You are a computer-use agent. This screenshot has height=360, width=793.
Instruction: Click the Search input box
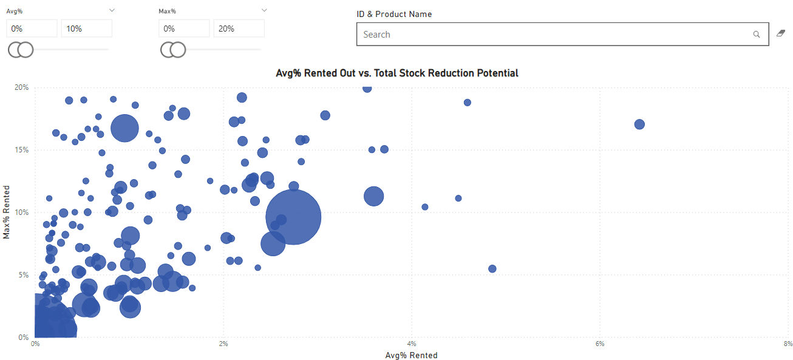click(x=562, y=35)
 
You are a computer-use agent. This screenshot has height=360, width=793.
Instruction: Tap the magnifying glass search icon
click(x=756, y=35)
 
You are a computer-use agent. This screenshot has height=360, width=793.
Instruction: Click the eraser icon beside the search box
click(x=781, y=33)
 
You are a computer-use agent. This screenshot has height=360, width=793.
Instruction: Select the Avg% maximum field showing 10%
click(x=87, y=29)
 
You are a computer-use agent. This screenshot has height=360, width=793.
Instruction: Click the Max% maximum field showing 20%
click(x=239, y=29)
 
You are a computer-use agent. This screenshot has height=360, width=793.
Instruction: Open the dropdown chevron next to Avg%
click(x=112, y=10)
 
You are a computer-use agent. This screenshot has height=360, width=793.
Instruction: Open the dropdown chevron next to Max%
click(x=264, y=10)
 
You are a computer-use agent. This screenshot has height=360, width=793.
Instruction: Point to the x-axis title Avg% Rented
click(x=411, y=355)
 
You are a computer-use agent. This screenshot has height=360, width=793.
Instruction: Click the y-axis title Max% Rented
click(x=6, y=212)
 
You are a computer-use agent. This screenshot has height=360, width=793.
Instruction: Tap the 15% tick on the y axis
click(x=22, y=150)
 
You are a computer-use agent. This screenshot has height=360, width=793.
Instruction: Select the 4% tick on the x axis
click(x=411, y=344)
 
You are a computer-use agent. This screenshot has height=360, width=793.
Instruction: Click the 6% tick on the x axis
click(x=600, y=344)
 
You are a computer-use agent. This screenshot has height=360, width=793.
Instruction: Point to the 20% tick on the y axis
click(x=22, y=87)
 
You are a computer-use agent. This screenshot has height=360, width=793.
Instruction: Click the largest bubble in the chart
click(x=293, y=217)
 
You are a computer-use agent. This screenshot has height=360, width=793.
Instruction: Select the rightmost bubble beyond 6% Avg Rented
click(x=639, y=124)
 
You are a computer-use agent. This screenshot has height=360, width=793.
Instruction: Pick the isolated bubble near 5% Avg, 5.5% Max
click(x=492, y=269)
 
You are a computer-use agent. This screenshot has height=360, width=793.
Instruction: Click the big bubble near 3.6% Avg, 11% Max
click(x=374, y=196)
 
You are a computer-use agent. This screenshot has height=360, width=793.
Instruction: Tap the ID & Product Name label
click(x=394, y=14)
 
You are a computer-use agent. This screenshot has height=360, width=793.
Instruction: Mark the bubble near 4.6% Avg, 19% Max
click(x=468, y=103)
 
